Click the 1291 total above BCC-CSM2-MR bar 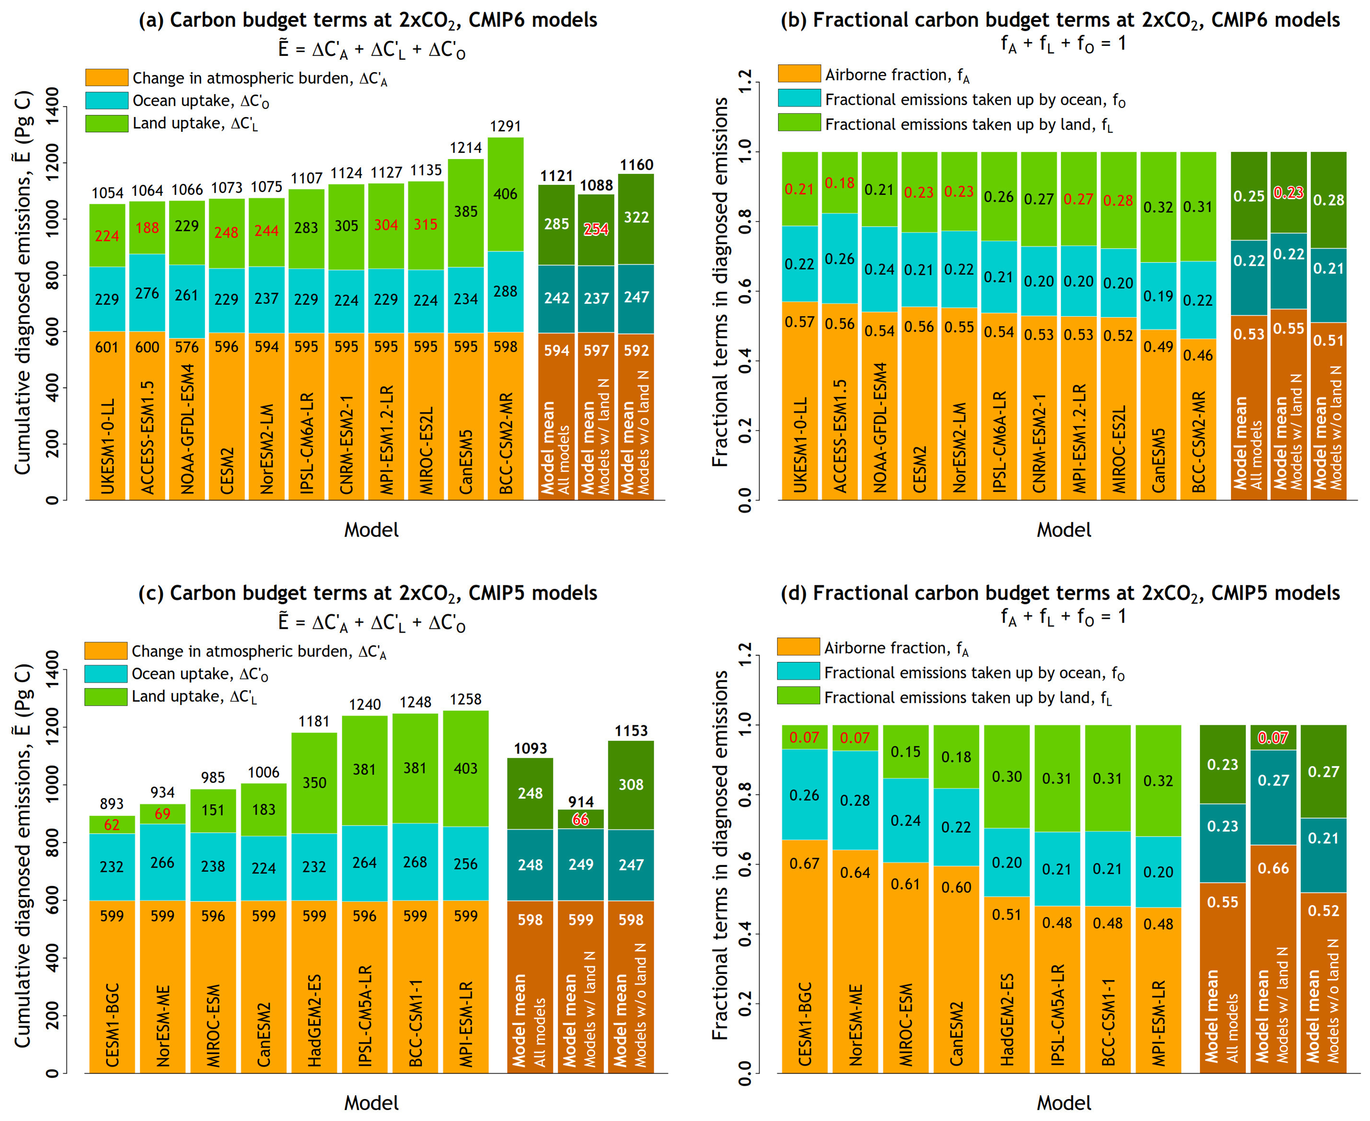coord(505,126)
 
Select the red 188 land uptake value coord(147,228)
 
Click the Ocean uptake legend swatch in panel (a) coord(106,100)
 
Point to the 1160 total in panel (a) coord(636,165)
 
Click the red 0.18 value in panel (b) coord(839,183)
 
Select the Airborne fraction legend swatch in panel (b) coord(799,74)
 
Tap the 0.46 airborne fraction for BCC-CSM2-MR coord(1198,355)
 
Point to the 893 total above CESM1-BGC coord(112,804)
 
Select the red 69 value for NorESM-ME coord(162,814)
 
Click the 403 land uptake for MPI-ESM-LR coord(465,769)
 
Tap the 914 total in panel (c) coord(581,802)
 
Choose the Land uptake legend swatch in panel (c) coord(106,697)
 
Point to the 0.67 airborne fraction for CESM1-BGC coord(804,863)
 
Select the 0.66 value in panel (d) coord(1273,868)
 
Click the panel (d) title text coord(1060,593)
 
